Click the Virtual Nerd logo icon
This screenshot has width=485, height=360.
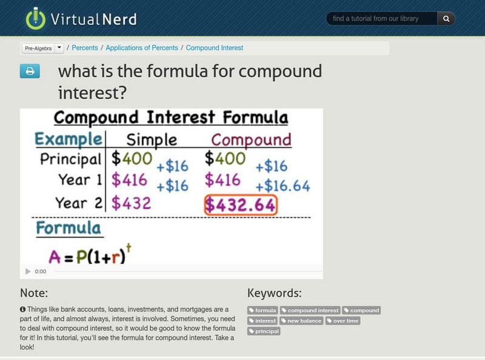(35, 19)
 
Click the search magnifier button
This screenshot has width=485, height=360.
(446, 19)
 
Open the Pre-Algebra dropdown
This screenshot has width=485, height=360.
(42, 48)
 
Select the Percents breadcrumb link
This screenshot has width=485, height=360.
(85, 48)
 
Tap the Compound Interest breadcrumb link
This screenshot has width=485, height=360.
(215, 48)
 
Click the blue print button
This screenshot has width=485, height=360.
(29, 71)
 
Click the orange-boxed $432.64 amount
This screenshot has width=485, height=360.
(240, 205)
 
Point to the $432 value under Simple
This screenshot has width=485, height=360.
(131, 203)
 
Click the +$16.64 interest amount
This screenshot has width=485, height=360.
(283, 185)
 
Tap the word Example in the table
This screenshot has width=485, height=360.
(67, 139)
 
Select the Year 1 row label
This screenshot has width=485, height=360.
(80, 180)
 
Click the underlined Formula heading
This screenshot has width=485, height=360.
(68, 228)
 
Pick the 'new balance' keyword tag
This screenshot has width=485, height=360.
(301, 321)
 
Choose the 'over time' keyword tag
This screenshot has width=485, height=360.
(343, 321)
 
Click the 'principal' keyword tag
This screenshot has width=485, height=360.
(264, 331)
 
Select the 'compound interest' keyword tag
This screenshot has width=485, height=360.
(310, 310)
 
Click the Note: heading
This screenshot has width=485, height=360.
(34, 293)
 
